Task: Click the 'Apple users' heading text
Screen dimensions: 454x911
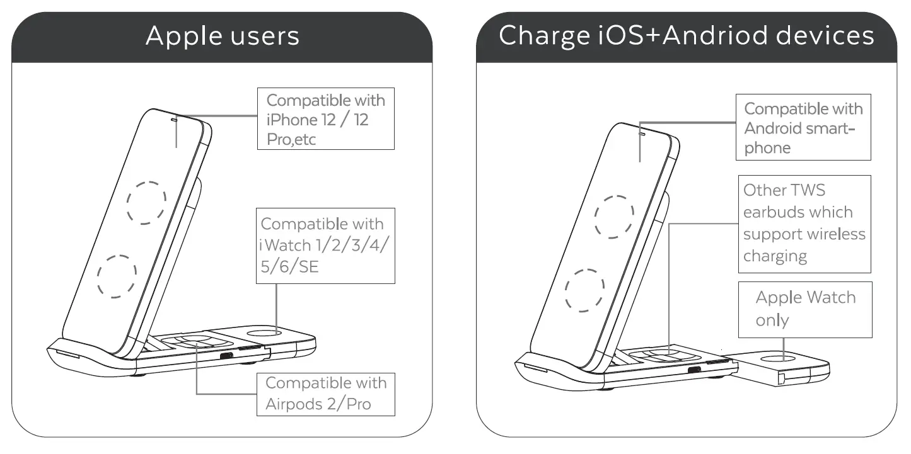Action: click(222, 37)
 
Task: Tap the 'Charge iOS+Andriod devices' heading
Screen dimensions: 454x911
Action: click(686, 37)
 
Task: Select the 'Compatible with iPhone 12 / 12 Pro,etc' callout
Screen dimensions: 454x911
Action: click(326, 119)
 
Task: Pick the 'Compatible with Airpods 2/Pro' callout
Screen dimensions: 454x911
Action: click(326, 394)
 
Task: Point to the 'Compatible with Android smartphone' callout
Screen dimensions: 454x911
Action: click(803, 128)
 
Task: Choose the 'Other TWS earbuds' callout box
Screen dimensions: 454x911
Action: click(804, 224)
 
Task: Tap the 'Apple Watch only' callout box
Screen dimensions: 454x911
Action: click(805, 309)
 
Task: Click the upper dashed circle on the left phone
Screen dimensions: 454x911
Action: click(147, 203)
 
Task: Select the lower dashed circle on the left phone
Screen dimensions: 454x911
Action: click(117, 276)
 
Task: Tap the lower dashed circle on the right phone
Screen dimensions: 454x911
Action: click(584, 289)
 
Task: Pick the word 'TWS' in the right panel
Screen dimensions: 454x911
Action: click(808, 190)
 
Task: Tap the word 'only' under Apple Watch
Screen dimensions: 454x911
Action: click(772, 320)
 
